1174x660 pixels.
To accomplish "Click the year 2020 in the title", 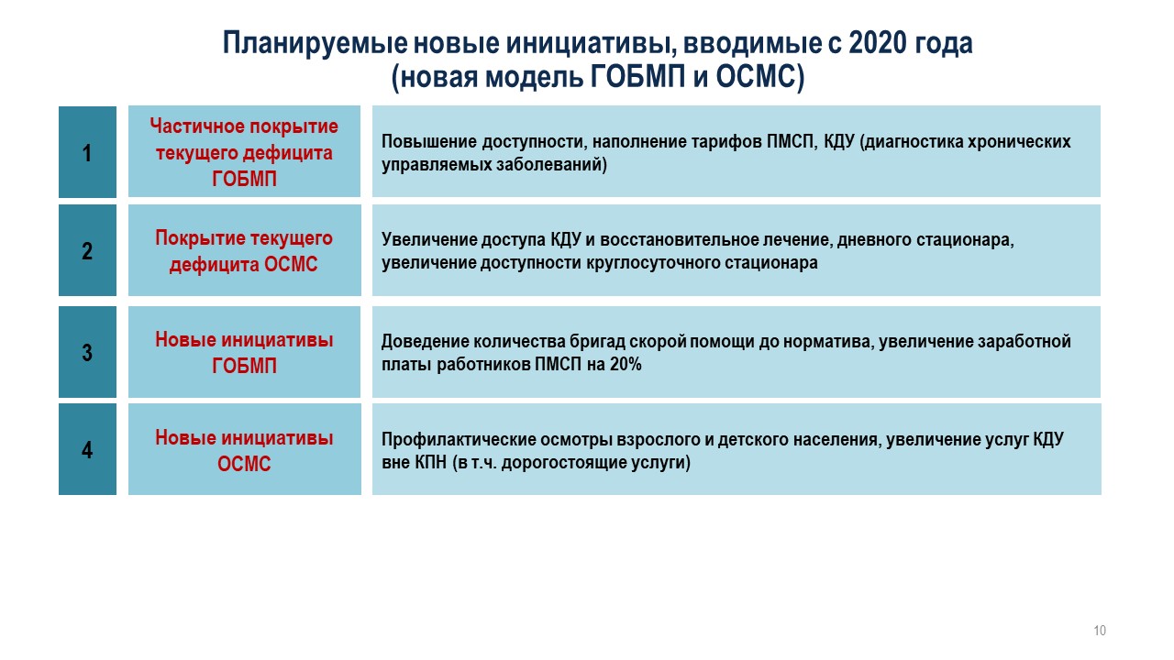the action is point(878,43).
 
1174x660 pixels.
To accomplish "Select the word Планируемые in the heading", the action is point(315,44).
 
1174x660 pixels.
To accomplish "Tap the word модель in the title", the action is point(534,77).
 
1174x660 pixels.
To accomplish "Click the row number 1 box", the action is point(87,152).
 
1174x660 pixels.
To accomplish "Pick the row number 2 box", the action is point(87,250).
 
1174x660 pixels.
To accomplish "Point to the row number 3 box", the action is point(87,352).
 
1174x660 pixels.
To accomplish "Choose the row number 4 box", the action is point(87,449).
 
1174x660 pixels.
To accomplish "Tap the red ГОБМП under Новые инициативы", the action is point(244,366).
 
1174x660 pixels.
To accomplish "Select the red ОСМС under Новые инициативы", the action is point(244,464).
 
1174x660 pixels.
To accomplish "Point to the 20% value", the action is point(626,364).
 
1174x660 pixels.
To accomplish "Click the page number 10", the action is point(1100,630).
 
